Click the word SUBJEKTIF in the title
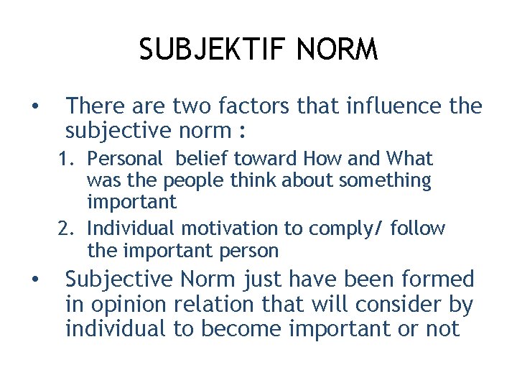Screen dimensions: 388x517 [x=202, y=50]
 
